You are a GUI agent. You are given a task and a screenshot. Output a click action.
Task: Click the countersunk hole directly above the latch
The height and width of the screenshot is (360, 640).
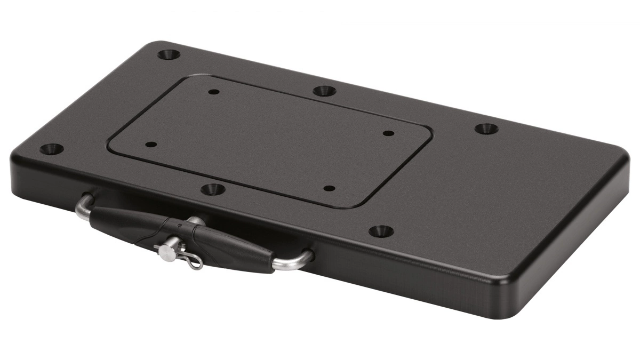coord(213,189)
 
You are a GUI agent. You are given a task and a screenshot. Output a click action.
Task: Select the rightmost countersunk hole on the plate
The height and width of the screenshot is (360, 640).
coord(486,129)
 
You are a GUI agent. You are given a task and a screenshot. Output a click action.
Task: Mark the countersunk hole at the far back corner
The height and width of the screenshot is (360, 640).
coord(169,54)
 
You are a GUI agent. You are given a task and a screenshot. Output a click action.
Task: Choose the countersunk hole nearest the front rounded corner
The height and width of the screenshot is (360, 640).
coord(381,231)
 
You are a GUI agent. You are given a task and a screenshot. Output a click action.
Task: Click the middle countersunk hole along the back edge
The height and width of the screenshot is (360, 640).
coord(324,91)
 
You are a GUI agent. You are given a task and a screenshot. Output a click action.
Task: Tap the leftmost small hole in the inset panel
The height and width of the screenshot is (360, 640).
coord(151,145)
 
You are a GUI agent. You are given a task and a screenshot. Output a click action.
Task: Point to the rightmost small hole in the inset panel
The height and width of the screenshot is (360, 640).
coord(388,133)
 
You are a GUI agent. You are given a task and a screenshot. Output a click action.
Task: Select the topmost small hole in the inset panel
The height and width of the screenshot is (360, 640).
coord(213,92)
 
